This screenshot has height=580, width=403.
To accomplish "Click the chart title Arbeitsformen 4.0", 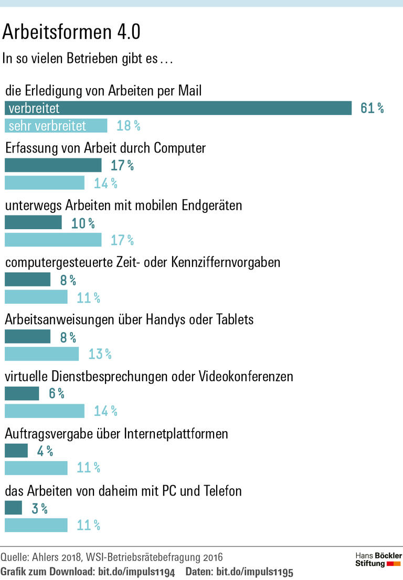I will click(71, 33).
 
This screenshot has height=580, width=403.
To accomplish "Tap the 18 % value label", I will click(128, 126).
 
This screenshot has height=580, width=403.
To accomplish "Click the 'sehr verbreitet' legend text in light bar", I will click(47, 126).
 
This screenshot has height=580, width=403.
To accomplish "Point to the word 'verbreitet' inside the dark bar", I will click(34, 109).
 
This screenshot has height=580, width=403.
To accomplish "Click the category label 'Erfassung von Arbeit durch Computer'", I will click(105, 148).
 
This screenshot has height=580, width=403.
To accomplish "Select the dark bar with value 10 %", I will click(33, 223).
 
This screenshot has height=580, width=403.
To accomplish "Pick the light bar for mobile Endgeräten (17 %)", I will click(53, 240).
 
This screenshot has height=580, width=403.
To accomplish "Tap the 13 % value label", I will click(100, 354).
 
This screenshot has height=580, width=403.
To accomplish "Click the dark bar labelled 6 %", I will click(22, 393).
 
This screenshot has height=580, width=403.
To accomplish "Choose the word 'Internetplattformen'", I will click(176, 434).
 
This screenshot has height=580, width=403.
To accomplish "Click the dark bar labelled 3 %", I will click(13, 508).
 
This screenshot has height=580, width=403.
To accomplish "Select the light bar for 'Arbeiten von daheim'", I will click(36, 525).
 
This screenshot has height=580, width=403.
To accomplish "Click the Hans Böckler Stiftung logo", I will click(378, 560).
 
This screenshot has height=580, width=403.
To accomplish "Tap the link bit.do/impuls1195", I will click(254, 572).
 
